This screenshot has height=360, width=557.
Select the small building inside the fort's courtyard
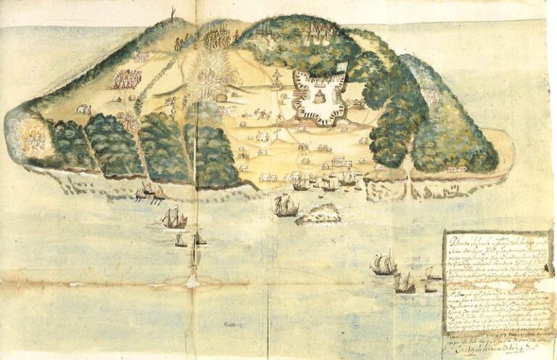(x=320, y=97)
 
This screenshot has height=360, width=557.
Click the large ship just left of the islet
(x=286, y=206)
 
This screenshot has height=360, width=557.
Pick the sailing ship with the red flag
(x=174, y=217)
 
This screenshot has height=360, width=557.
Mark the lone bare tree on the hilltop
(x=172, y=13)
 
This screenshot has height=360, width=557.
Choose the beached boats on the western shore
(x=149, y=192)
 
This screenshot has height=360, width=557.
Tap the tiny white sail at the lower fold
(x=194, y=280)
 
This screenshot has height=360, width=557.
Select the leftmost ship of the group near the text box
(x=384, y=265)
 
